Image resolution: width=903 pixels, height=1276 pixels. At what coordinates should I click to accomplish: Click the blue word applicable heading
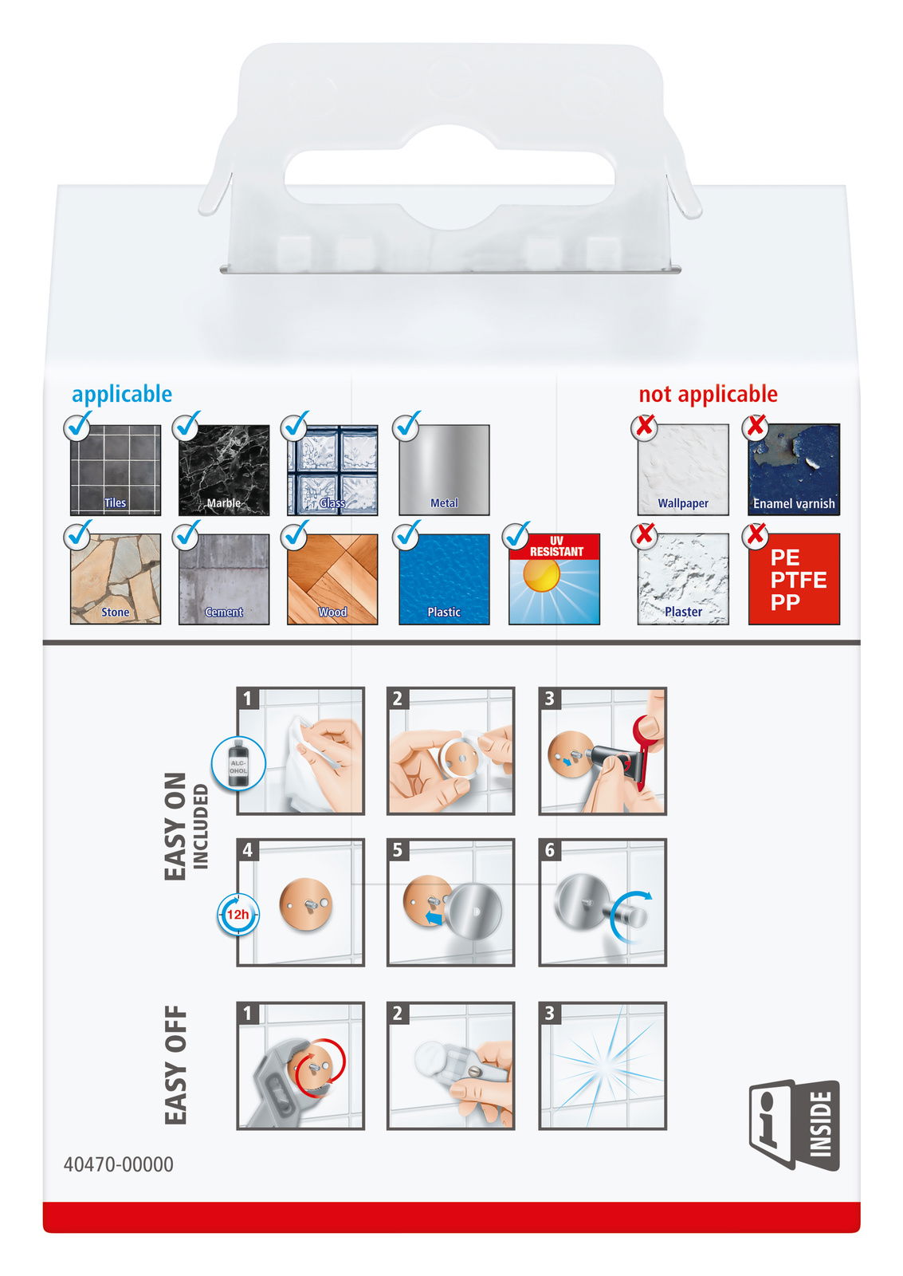click(122, 394)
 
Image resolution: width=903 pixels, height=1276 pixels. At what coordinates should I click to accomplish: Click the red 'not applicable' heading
click(708, 394)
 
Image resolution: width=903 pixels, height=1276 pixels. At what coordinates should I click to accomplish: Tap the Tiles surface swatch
click(116, 470)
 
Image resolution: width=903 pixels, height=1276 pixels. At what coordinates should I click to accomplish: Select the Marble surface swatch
click(224, 470)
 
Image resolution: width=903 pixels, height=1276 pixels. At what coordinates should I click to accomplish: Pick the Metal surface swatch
click(444, 470)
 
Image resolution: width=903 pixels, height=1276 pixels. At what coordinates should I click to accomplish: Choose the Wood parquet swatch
click(332, 579)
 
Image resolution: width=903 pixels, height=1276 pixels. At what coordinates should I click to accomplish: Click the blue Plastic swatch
click(444, 579)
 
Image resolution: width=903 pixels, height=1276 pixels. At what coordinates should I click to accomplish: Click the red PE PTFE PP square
click(794, 579)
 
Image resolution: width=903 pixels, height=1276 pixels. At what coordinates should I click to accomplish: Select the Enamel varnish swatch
click(794, 470)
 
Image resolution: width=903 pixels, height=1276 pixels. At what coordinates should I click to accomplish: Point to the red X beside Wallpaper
click(644, 427)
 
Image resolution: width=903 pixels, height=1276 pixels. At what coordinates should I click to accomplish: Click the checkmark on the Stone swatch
click(78, 535)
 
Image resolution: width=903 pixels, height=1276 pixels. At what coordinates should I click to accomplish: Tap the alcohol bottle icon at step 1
click(238, 763)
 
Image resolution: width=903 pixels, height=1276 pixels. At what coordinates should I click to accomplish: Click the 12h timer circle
click(238, 915)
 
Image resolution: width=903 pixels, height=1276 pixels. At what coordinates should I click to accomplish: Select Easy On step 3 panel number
click(549, 699)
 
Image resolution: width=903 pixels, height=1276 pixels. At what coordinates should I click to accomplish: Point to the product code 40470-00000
click(119, 1164)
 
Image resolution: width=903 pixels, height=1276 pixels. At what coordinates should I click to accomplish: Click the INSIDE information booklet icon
click(794, 1125)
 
